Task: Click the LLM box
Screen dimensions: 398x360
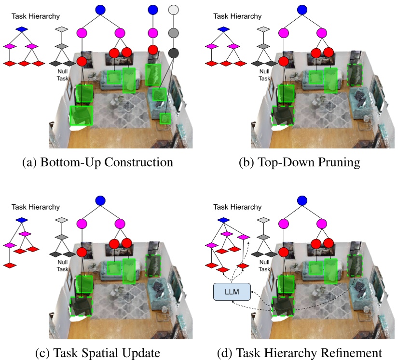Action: click(x=232, y=292)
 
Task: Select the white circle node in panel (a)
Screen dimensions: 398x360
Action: click(x=173, y=10)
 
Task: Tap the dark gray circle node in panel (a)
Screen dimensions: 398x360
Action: click(x=173, y=53)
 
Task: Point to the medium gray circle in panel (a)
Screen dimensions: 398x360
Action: click(x=173, y=33)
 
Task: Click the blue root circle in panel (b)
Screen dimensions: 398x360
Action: click(x=302, y=10)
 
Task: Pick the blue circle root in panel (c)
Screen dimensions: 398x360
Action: click(x=100, y=200)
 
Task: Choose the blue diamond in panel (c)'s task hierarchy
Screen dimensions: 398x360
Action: click(x=22, y=220)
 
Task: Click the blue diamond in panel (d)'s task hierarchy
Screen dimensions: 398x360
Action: click(x=223, y=220)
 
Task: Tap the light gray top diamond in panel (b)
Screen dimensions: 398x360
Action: click(x=263, y=29)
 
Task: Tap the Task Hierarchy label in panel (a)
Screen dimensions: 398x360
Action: click(x=36, y=16)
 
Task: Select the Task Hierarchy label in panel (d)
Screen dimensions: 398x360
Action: click(x=237, y=207)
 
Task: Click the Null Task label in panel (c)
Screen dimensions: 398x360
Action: click(x=62, y=266)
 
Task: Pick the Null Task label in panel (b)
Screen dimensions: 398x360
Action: click(x=264, y=75)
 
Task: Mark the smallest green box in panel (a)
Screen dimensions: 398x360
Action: click(x=165, y=119)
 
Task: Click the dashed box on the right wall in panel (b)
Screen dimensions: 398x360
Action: click(x=355, y=75)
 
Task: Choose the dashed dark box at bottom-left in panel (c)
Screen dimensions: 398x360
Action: click(x=81, y=306)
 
